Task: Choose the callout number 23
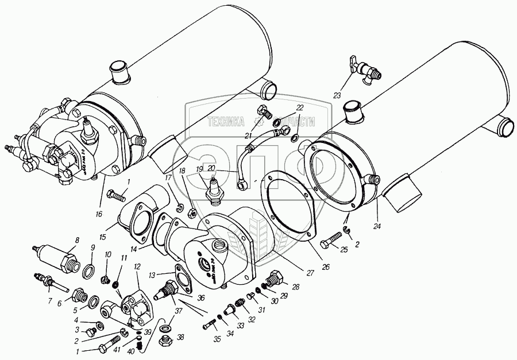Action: coord(337,95)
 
